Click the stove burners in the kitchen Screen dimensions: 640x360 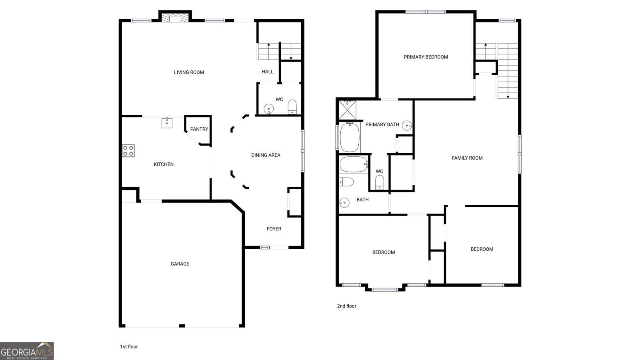point(128,151)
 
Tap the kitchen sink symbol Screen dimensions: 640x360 point(167,122)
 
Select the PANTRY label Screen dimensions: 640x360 point(199,129)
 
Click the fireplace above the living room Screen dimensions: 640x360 point(175,17)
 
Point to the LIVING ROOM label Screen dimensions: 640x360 point(189,72)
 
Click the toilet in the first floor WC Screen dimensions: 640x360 point(292,107)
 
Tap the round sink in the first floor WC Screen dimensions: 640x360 point(268,109)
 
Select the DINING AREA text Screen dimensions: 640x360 point(266,155)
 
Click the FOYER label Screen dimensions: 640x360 point(274,229)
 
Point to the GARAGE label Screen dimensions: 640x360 point(180,264)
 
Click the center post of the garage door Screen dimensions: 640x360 point(182,326)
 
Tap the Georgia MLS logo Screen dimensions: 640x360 point(27,351)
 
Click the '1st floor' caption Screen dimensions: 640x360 point(129,346)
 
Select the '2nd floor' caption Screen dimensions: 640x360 point(346,306)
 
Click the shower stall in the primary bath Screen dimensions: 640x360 point(348,110)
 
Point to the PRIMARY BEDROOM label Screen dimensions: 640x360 point(426,57)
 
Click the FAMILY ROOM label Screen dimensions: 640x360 point(467,158)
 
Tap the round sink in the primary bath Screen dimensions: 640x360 point(407,125)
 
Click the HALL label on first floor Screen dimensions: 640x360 point(268,72)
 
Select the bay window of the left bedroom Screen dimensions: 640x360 point(385,288)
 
